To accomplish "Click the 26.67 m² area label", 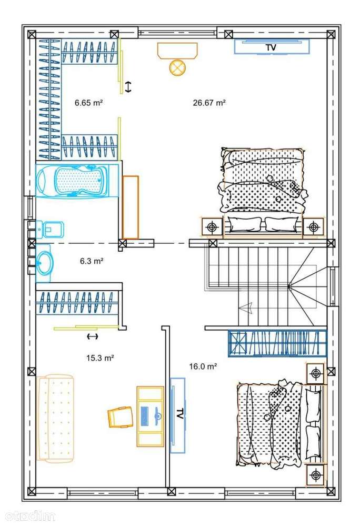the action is click(209, 103).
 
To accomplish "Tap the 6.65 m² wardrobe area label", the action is click(88, 103).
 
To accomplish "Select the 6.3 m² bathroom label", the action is click(92, 261).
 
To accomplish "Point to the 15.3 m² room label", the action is click(100, 358).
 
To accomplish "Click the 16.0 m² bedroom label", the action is click(203, 366).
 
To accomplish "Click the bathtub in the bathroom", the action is click(72, 179).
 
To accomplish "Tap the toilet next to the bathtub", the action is click(51, 230).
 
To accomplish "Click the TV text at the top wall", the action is click(271, 47).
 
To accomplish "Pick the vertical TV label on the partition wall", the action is click(179, 414).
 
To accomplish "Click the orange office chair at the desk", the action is click(121, 416).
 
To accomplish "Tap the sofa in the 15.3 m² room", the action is click(56, 419).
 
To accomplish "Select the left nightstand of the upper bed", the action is click(212, 227).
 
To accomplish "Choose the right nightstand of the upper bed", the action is click(314, 227).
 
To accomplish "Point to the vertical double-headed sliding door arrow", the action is click(128, 87).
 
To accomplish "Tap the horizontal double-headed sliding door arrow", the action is click(92, 336).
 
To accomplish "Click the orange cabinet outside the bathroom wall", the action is click(131, 207).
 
